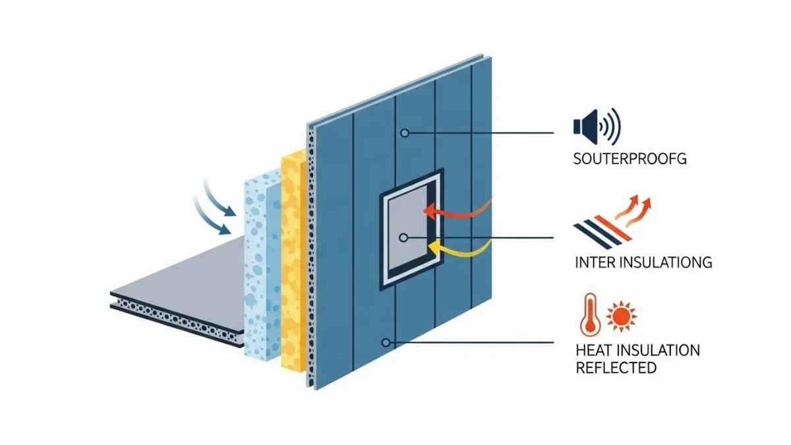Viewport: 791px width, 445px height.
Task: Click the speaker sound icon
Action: (x=597, y=126)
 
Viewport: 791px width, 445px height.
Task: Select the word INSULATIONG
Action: (x=668, y=262)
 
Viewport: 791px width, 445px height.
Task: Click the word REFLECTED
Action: (x=616, y=367)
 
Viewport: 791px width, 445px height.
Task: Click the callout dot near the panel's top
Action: (x=405, y=133)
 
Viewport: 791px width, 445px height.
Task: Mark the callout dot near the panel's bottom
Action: (x=386, y=342)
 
